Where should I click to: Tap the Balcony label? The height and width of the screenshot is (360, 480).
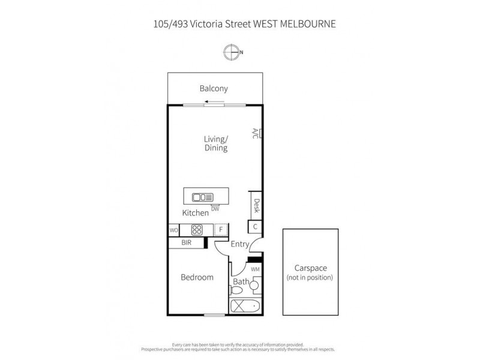pyautogui.click(x=214, y=89)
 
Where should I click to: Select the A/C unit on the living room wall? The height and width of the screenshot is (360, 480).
pyautogui.click(x=255, y=134)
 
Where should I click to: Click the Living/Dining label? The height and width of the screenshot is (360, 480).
pyautogui.click(x=215, y=143)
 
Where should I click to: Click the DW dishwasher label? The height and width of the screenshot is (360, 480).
pyautogui.click(x=215, y=209)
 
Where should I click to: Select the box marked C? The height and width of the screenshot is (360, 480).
pyautogui.click(x=255, y=227)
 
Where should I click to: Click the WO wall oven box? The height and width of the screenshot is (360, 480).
pyautogui.click(x=173, y=230)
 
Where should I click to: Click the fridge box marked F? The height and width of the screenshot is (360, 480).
pyautogui.click(x=220, y=230)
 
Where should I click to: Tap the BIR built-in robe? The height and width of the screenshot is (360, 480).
pyautogui.click(x=186, y=243)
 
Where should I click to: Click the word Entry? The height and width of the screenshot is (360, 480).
pyautogui.click(x=239, y=244)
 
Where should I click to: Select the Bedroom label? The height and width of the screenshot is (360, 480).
pyautogui.click(x=197, y=277)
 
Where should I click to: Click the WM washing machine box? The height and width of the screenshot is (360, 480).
pyautogui.click(x=255, y=270)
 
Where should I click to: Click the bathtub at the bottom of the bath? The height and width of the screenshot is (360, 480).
pyautogui.click(x=246, y=307)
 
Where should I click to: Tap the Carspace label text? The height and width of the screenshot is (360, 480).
pyautogui.click(x=310, y=269)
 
